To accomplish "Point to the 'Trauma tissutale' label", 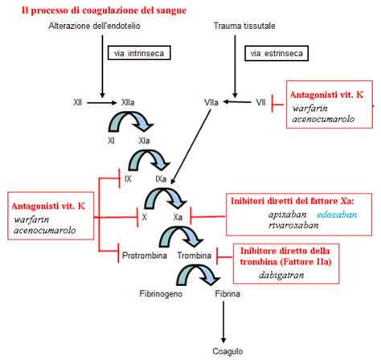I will (x=240, y=27).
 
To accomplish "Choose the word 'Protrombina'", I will (x=144, y=255).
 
